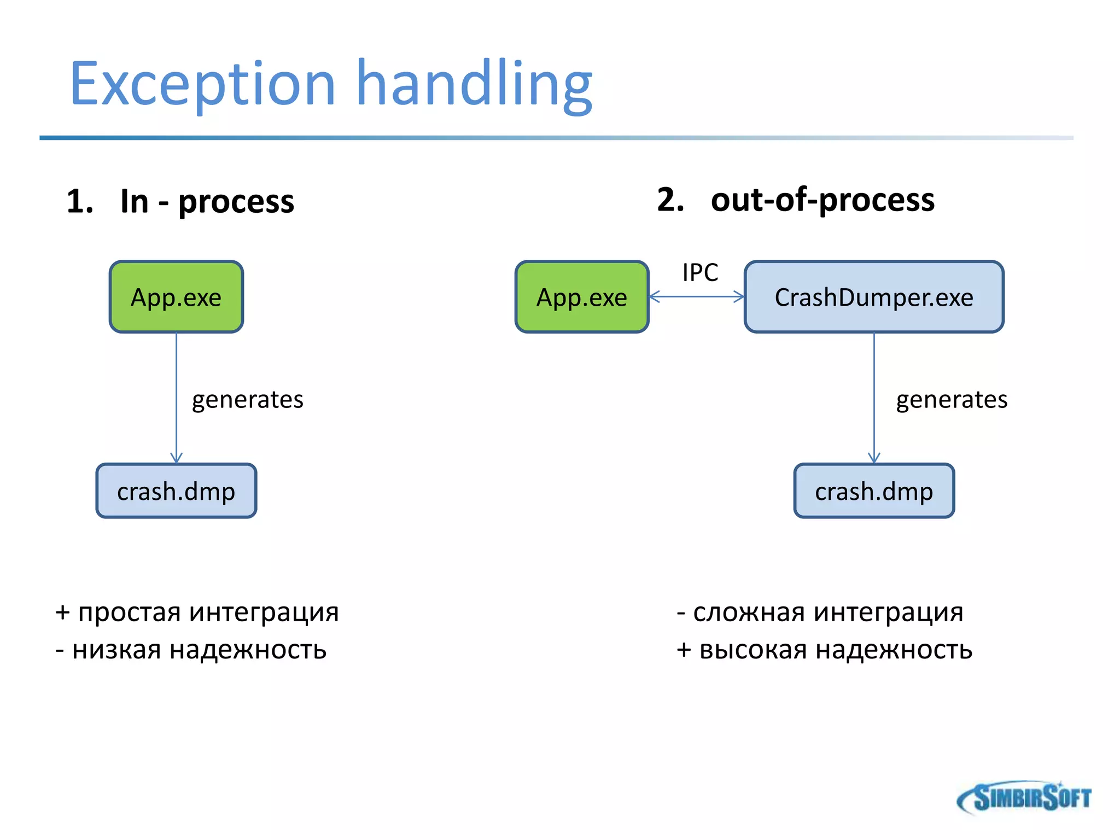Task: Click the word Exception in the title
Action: click(x=202, y=85)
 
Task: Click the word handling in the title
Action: click(x=474, y=85)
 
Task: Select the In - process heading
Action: click(x=180, y=201)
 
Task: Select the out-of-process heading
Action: click(x=796, y=200)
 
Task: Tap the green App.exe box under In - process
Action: click(x=176, y=297)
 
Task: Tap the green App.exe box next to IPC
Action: click(x=582, y=297)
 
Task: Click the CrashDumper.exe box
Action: click(x=874, y=297)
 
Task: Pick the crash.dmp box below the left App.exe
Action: click(x=176, y=491)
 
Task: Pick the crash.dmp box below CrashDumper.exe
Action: click(x=874, y=491)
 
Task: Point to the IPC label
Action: click(x=700, y=272)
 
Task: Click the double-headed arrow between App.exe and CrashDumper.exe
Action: click(x=697, y=297)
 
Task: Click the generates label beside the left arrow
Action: click(x=247, y=400)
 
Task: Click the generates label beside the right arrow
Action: click(x=952, y=400)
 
